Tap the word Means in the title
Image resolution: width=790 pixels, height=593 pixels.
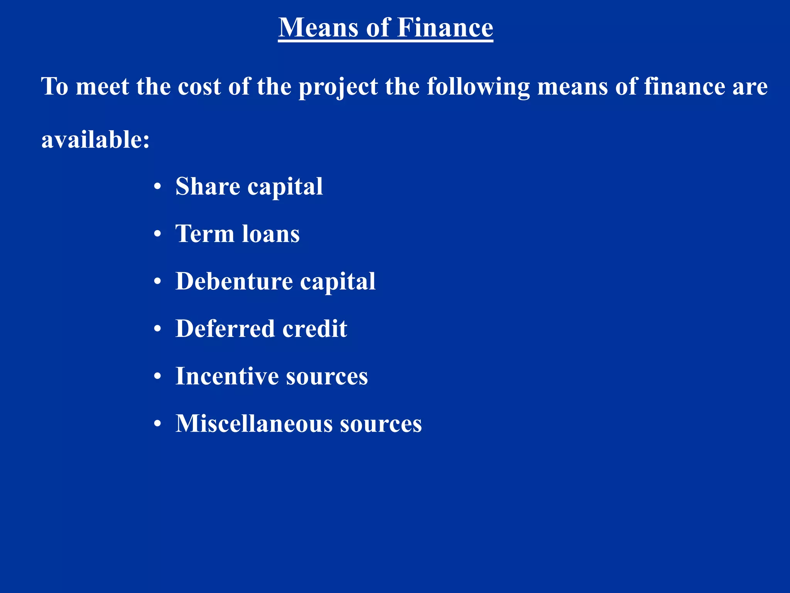[x=318, y=28]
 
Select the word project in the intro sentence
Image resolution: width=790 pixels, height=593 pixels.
[x=338, y=87]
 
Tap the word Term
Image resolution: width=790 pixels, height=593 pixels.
[x=205, y=234]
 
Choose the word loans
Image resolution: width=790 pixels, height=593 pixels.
[x=270, y=234]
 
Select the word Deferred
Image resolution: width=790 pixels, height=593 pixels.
[x=225, y=329]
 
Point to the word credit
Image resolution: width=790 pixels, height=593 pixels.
[x=315, y=329]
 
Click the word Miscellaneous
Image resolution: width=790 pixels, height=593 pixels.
[x=254, y=424]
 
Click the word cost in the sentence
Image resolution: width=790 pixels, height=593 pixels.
[x=199, y=87]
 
